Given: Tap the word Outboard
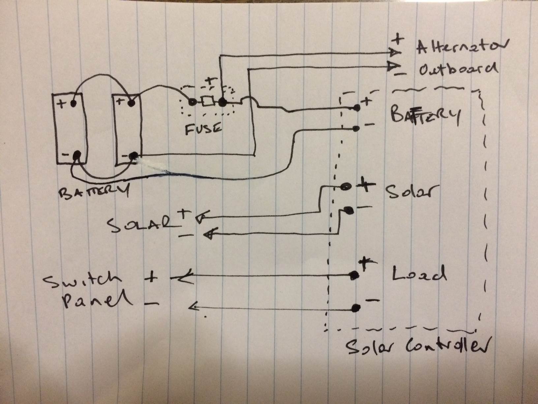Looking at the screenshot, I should (458, 69).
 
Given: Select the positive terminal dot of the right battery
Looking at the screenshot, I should (132, 103).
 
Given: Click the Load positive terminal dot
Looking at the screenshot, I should (354, 275).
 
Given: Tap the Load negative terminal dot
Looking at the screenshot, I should (355, 308).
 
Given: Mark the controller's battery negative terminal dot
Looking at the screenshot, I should (355, 129).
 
